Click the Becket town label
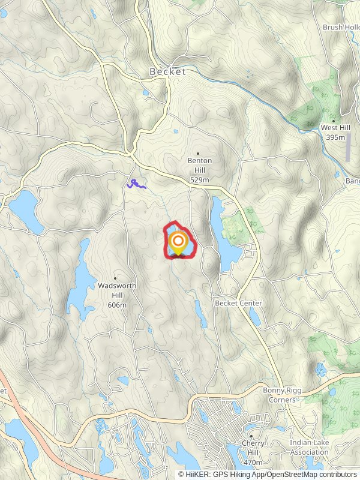click(167, 71)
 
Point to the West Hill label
click(336, 128)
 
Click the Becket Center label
click(239, 304)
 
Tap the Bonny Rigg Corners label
click(282, 395)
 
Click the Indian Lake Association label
click(309, 448)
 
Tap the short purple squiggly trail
click(136, 184)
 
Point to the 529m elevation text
click(200, 179)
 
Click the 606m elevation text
click(117, 305)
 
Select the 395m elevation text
click(336, 137)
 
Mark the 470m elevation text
click(253, 463)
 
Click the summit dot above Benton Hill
click(198, 154)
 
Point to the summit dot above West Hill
click(334, 121)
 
